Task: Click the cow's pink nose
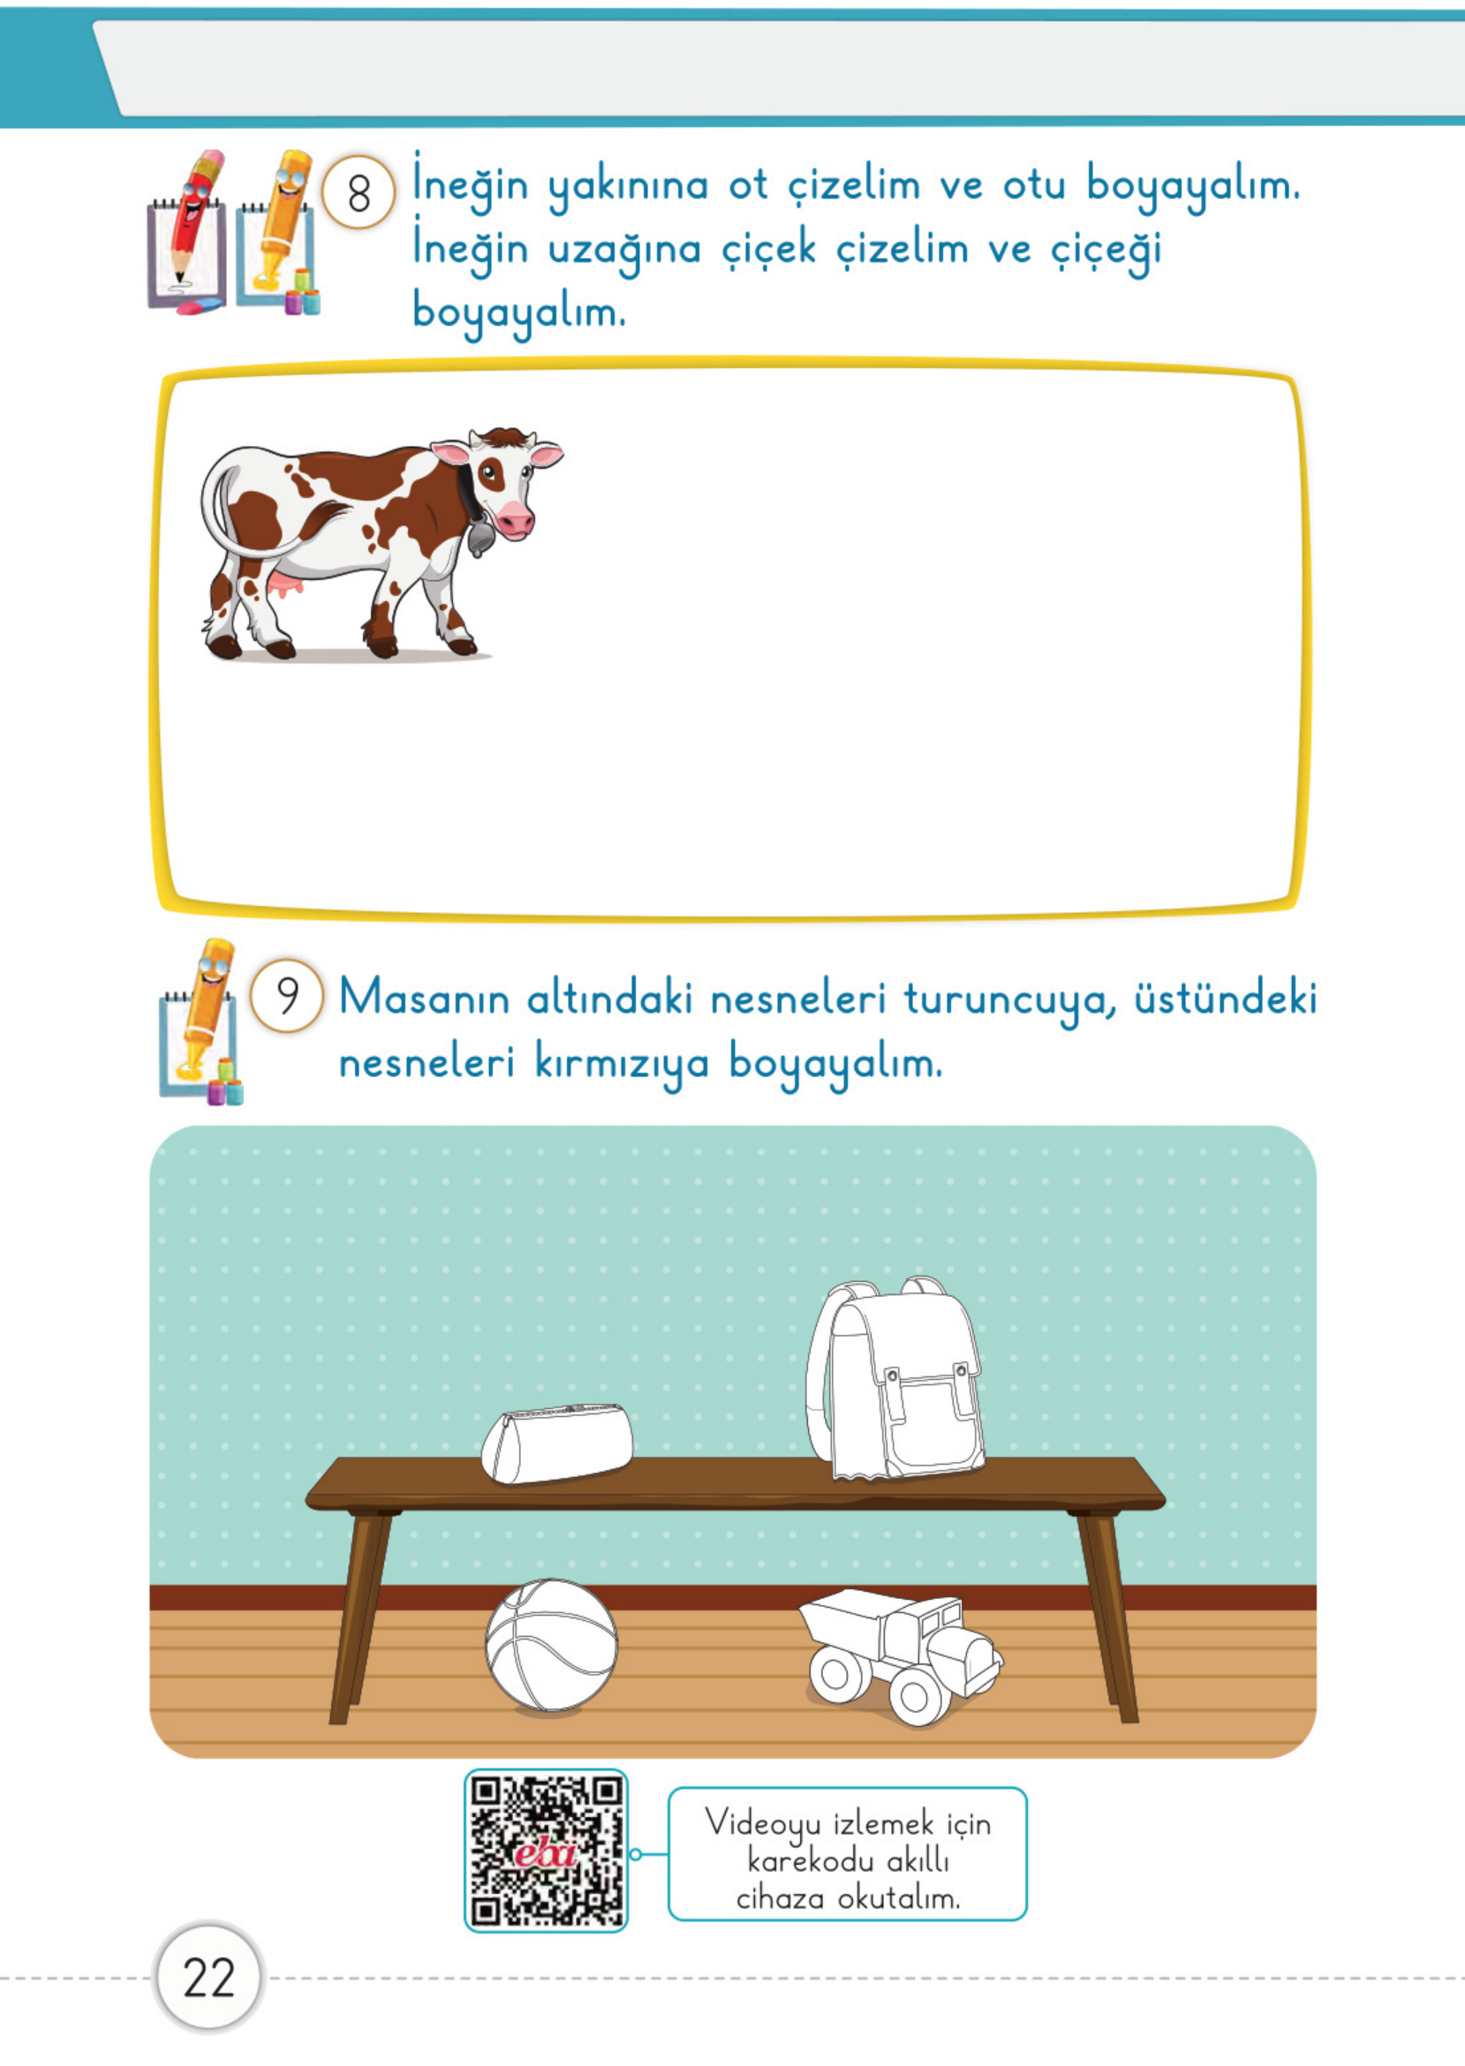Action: pyautogui.click(x=514, y=519)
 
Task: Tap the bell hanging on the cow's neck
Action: pyautogui.click(x=480, y=540)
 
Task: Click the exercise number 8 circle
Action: pyautogui.click(x=359, y=192)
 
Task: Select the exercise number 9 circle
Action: pyautogui.click(x=286, y=996)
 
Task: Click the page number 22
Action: pyautogui.click(x=208, y=1978)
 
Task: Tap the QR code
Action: pyautogui.click(x=546, y=1851)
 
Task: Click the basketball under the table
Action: pyautogui.click(x=551, y=1644)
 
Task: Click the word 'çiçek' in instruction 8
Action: pyautogui.click(x=769, y=250)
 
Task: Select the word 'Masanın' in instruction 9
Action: pyautogui.click(x=425, y=999)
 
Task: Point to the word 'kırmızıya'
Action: pyautogui.click(x=622, y=1062)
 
